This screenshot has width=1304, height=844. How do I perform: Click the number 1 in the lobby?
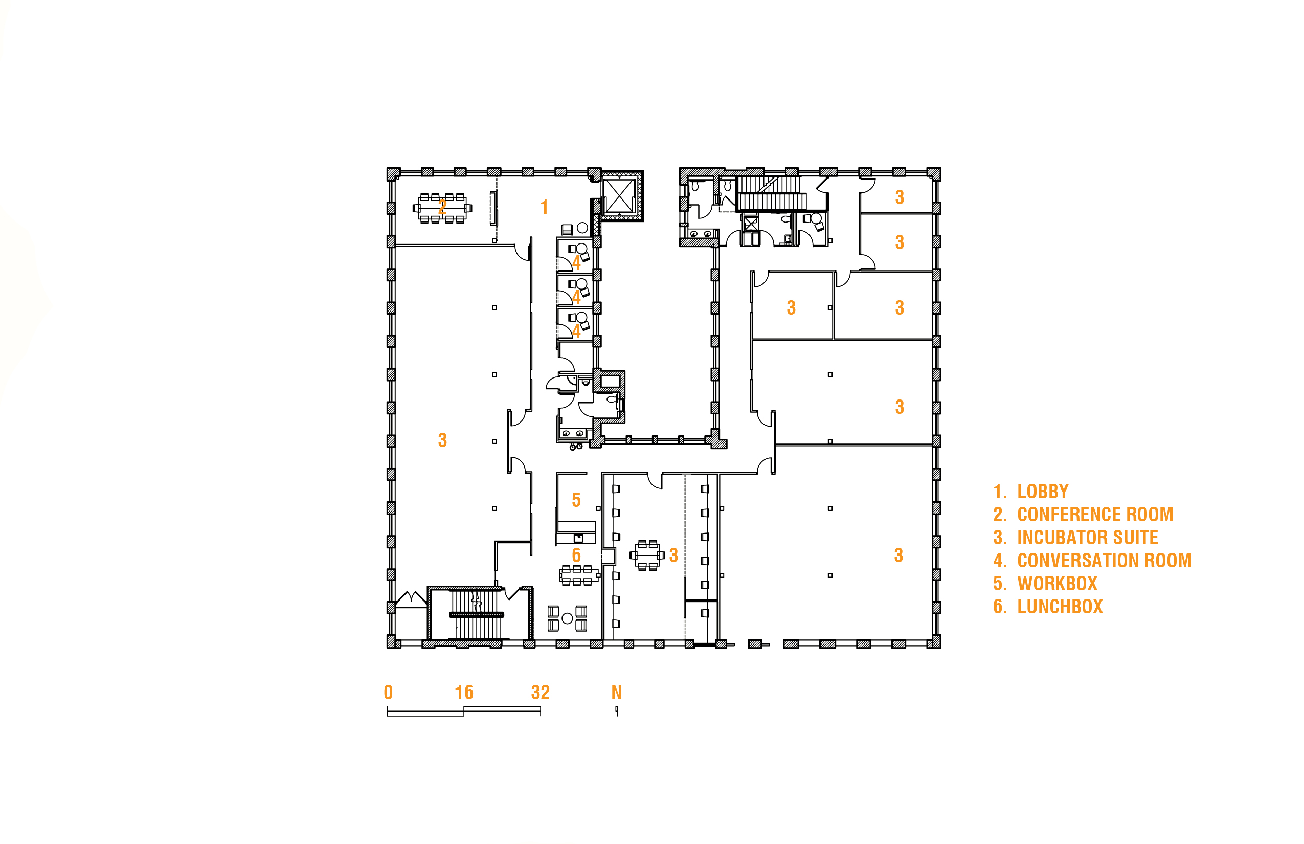pos(544,207)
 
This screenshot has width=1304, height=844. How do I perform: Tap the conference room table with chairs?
pos(442,208)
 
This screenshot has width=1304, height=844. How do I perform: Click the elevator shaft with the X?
pos(619,195)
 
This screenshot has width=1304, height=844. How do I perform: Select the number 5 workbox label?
pos(576,500)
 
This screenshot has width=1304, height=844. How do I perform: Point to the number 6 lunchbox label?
pos(576,555)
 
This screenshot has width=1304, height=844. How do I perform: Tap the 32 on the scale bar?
pos(539,693)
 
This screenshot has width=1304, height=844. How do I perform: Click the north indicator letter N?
pos(616,693)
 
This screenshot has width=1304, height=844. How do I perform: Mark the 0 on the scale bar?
pos(388,693)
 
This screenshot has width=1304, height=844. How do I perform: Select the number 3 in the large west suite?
pos(442,440)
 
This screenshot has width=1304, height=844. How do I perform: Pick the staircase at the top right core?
pos(772,193)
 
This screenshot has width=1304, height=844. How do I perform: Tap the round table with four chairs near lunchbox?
pos(567,618)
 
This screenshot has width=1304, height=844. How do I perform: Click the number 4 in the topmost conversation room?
pos(576,263)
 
